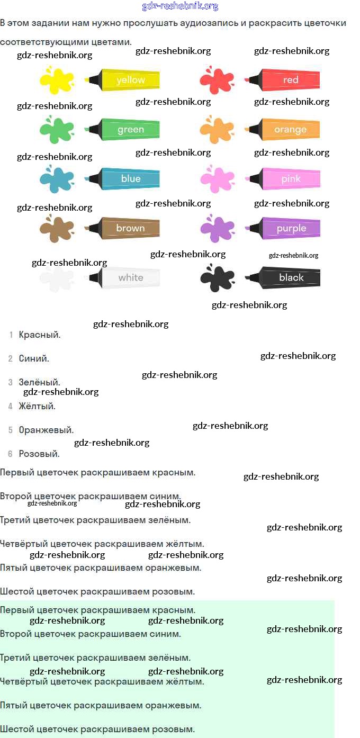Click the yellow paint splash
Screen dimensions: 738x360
click(57, 79)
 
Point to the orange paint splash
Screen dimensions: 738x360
click(217, 129)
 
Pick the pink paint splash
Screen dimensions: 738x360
click(217, 179)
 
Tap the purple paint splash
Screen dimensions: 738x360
click(217, 228)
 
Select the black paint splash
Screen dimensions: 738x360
click(217, 277)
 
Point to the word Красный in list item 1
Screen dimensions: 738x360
click(39, 335)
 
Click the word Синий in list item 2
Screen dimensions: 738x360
click(33, 358)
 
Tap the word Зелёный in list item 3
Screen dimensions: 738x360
click(39, 382)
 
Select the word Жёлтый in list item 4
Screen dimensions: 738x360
click(37, 406)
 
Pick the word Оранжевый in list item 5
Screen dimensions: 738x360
click(46, 430)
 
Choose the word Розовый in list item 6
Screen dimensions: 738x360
click(39, 454)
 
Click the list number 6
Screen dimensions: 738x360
click(10, 454)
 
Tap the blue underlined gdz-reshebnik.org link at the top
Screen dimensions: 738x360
click(180, 6)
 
